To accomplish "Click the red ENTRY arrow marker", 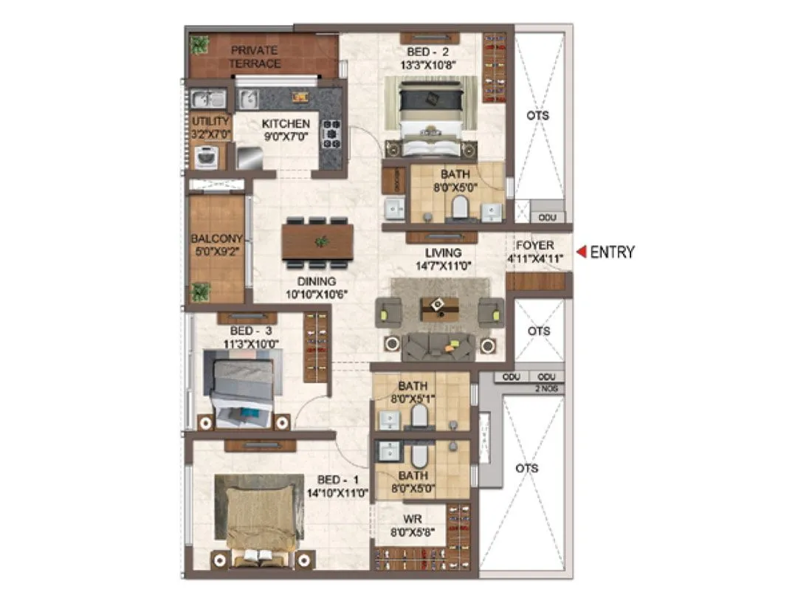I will pyautogui.click(x=581, y=252).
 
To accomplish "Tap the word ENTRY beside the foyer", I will pyautogui.click(x=612, y=252).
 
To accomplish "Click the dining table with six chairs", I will pyautogui.click(x=317, y=241).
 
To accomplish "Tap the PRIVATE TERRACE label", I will pyautogui.click(x=254, y=57).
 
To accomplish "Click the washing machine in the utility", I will pyautogui.click(x=206, y=156).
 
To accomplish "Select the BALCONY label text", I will pyautogui.click(x=216, y=239).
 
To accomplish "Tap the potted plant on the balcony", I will pyautogui.click(x=200, y=291).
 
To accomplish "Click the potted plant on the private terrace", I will pyautogui.click(x=199, y=45).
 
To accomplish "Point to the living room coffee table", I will pyautogui.click(x=439, y=308).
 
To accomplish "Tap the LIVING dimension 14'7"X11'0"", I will pyautogui.click(x=442, y=266).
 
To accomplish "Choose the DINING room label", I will pyautogui.click(x=317, y=281).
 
